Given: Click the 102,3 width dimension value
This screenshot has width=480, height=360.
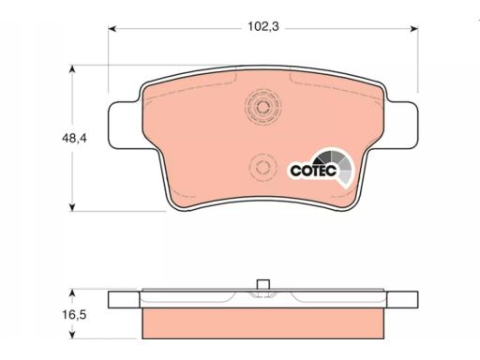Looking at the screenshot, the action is pos(263,27).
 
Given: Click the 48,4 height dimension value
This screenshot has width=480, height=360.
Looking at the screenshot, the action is pos(74,138).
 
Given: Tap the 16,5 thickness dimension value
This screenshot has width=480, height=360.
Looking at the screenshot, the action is pos(74,315).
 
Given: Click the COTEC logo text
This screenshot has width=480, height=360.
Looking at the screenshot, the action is pos(313,171).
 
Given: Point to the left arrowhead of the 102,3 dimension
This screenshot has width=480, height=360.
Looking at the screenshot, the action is pos(112,29).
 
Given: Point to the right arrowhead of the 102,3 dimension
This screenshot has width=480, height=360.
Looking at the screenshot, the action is pos(414,29).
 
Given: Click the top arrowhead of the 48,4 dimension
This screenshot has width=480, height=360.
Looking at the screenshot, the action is pos(72,69).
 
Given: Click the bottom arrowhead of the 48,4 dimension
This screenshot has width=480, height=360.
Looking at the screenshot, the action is pos(72,207).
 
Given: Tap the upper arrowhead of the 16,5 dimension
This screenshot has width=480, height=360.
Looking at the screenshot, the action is pos(72,293).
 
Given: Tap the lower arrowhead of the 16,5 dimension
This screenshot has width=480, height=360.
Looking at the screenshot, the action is pos(72,335).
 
